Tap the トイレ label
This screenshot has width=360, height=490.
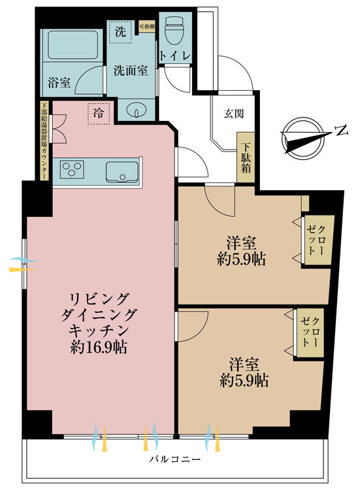[x=175, y=57]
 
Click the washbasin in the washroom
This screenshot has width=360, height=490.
[x=135, y=110]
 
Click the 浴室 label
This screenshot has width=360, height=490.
[x=59, y=83]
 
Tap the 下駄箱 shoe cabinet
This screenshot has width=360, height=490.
[x=246, y=157]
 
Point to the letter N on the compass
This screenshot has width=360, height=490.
[x=340, y=131]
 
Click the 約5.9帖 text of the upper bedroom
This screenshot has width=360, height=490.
[x=242, y=259]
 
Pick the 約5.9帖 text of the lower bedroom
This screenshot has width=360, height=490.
[x=244, y=380]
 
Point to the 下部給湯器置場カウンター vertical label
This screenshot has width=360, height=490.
[x=44, y=140]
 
